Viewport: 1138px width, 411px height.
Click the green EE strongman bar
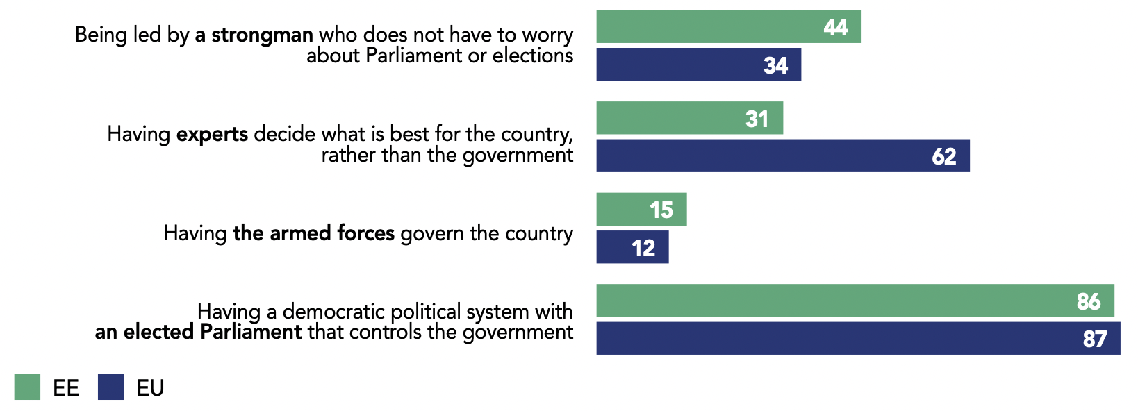point(728,27)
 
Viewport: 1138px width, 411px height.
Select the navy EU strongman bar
point(698,65)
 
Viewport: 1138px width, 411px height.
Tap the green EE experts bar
point(689,118)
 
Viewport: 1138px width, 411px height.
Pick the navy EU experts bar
point(782,156)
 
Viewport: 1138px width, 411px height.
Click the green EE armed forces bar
point(641,209)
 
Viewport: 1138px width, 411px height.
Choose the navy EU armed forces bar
point(632,247)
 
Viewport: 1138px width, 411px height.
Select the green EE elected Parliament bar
point(855,301)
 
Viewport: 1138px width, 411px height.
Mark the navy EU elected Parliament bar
point(857,338)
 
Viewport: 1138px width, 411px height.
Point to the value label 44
point(836,27)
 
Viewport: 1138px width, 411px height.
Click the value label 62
point(944,156)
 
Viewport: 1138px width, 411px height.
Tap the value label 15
point(661,210)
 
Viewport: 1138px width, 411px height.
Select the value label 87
point(1095,339)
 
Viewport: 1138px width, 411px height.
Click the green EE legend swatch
point(27,387)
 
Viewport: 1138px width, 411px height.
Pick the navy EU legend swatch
point(111,387)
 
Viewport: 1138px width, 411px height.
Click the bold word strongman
point(262,35)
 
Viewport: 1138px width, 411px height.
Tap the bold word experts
point(212,134)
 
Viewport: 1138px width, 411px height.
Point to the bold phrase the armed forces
point(313,233)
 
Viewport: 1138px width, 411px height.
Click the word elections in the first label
point(533,56)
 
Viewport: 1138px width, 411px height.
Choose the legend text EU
point(150,388)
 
